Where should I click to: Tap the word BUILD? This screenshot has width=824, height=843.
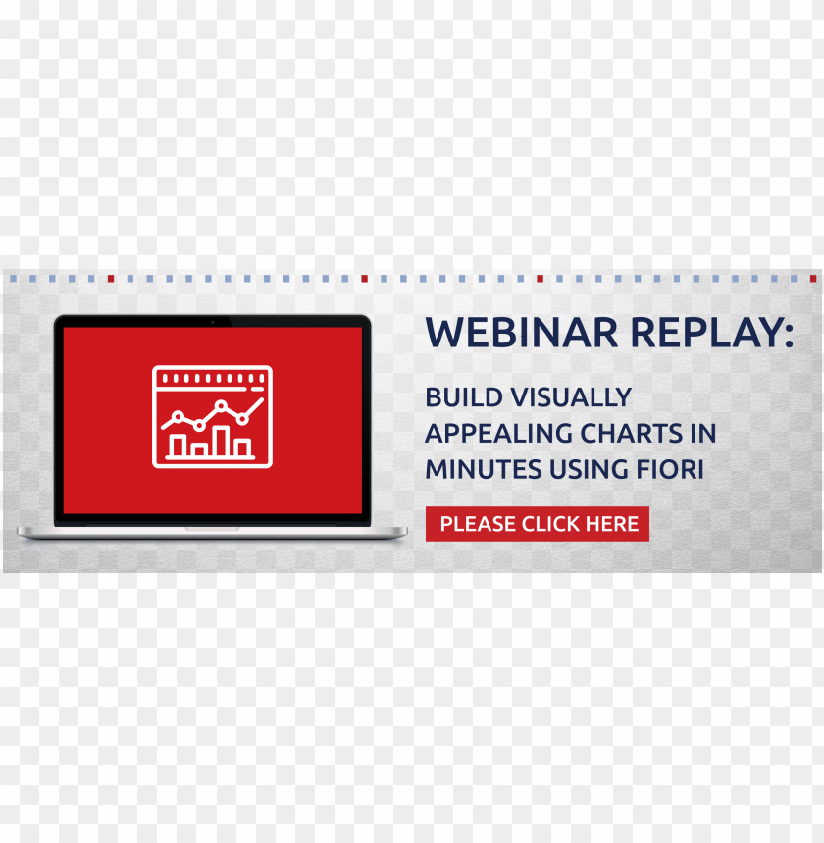tap(464, 397)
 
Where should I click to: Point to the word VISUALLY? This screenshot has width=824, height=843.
tap(571, 397)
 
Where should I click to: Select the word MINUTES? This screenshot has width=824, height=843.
tap(484, 469)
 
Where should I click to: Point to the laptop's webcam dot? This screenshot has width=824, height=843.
tap(212, 322)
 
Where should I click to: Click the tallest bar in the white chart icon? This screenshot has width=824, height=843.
tap(221, 442)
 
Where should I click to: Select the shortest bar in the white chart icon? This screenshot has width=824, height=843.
tap(199, 450)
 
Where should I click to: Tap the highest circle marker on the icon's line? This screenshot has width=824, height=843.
tap(221, 405)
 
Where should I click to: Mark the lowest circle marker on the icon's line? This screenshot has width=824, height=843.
tap(199, 426)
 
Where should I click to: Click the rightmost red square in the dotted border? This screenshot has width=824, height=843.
tap(812, 279)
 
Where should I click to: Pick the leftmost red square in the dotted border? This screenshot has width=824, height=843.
tap(111, 279)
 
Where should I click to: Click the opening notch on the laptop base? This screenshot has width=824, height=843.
tap(212, 529)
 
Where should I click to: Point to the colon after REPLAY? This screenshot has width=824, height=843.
tap(789, 335)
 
